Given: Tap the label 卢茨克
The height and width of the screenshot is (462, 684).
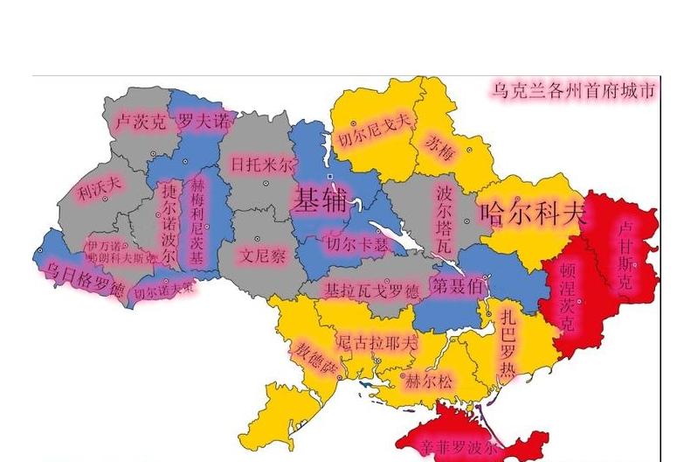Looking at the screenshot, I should (x=140, y=122).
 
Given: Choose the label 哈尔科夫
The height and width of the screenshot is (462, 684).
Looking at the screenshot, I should (x=531, y=213).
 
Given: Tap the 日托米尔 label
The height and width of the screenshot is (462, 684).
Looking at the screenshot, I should (x=262, y=164).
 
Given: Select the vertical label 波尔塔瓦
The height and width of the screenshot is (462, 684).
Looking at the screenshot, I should (x=445, y=217).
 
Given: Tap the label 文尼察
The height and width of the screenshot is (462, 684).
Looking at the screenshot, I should (x=263, y=256).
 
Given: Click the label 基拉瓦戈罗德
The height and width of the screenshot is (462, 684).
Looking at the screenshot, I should (x=371, y=290).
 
